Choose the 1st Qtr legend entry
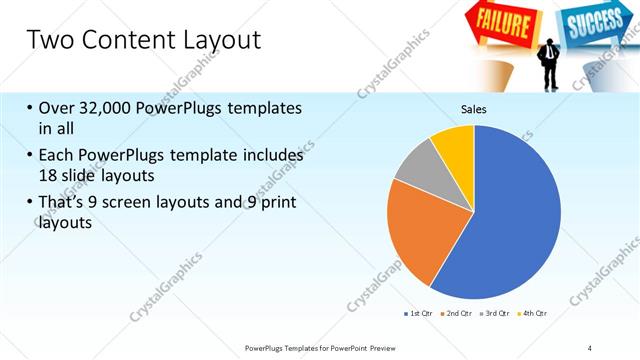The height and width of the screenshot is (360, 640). (418, 314)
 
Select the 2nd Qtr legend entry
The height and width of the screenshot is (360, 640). (458, 314)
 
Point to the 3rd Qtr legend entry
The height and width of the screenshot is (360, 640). (496, 314)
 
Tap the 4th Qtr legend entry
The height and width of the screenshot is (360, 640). (534, 314)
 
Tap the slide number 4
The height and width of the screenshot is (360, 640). (590, 347)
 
